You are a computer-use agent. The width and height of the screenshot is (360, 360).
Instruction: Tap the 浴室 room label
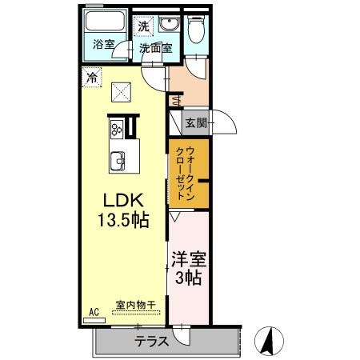[x=103, y=44]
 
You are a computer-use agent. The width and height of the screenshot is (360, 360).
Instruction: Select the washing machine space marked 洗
[x=143, y=26]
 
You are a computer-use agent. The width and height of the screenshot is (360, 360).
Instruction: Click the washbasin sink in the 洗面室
[x=169, y=25]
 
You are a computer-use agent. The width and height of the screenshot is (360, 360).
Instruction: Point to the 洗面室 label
[x=156, y=48]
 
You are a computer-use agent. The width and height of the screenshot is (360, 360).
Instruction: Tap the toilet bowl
[x=196, y=29]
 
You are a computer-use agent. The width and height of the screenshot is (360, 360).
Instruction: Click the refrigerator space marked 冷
[x=92, y=78]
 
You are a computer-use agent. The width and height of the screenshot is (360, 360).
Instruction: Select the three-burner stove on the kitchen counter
[x=117, y=128]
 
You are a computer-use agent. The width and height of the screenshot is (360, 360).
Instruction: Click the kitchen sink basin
[x=118, y=161]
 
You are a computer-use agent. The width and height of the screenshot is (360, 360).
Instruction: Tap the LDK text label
[x=123, y=200]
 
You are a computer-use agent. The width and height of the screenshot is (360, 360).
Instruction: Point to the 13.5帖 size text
[x=123, y=220]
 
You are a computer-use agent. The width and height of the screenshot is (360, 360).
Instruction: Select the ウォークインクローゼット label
[x=186, y=173]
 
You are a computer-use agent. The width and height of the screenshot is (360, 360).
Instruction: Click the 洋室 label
[x=189, y=259]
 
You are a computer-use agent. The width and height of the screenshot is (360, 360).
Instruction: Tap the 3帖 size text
[x=188, y=278]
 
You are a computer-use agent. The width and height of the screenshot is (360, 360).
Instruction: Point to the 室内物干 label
[x=136, y=305]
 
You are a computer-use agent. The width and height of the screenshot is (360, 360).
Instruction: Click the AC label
[x=94, y=312]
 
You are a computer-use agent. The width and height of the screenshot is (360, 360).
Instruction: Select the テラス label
[x=151, y=341]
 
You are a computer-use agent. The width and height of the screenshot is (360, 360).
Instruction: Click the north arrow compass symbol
[x=270, y=341]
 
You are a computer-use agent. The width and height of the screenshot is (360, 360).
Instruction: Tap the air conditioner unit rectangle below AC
[x=94, y=320]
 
